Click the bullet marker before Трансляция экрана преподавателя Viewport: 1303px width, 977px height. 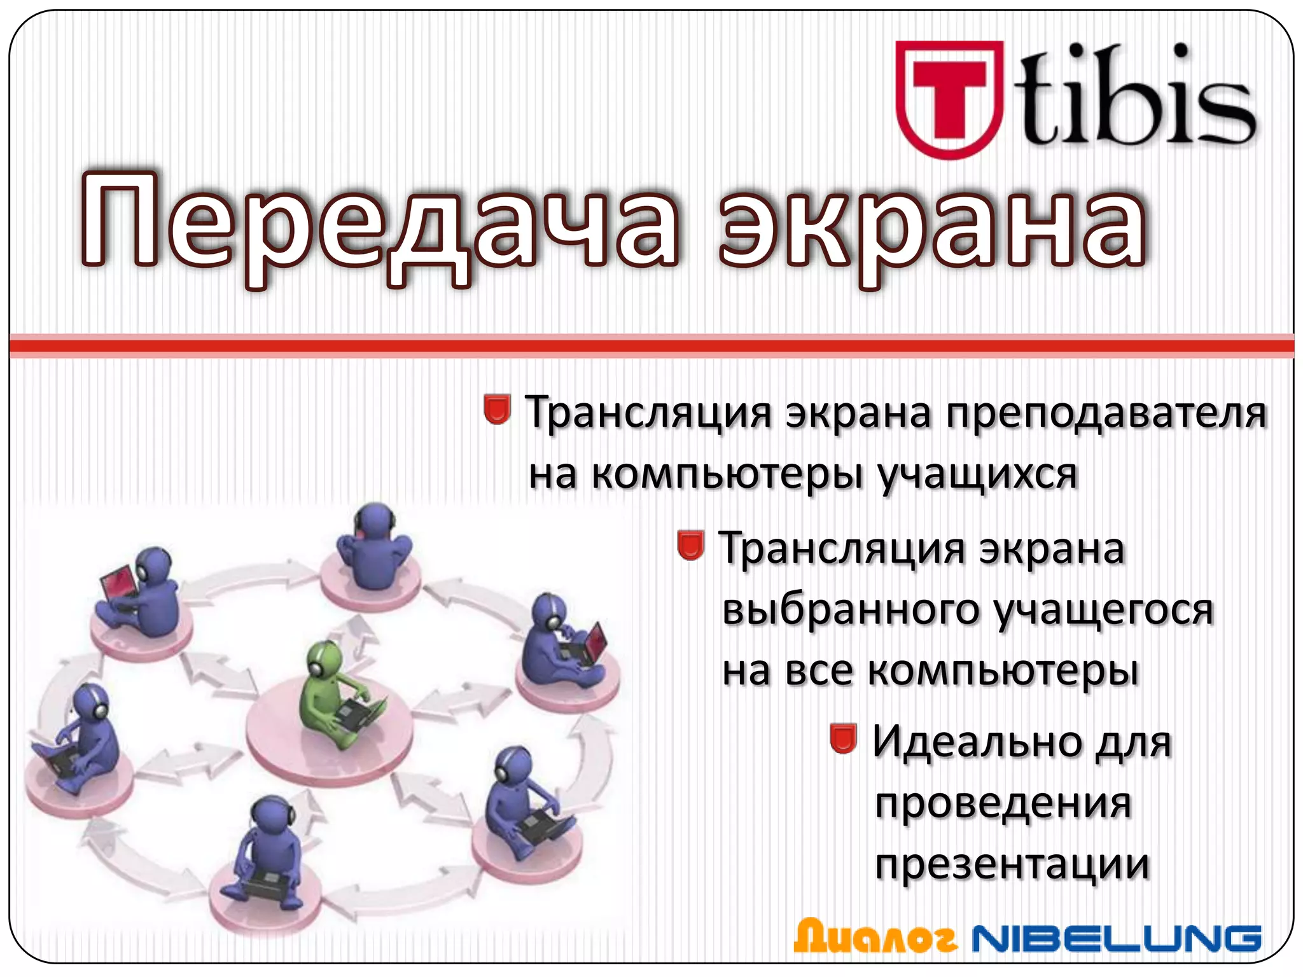[497, 409]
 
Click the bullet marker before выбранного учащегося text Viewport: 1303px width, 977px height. [690, 545]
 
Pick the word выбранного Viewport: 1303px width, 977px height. [853, 610]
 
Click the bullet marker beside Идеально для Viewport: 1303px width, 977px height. [844, 738]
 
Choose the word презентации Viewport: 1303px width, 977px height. [1012, 865]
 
